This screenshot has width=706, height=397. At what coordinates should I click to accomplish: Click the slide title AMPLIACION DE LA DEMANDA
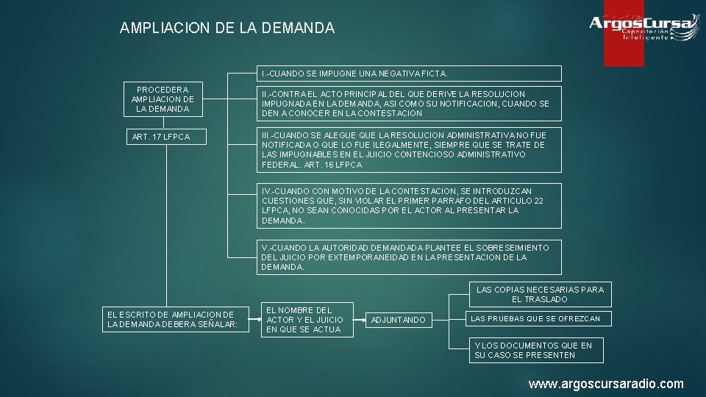(x=227, y=29)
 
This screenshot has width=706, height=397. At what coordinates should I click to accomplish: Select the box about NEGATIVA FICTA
(x=408, y=74)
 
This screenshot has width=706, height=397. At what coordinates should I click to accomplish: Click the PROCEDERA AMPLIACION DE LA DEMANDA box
(x=163, y=99)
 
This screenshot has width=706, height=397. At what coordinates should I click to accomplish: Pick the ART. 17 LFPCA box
(x=163, y=137)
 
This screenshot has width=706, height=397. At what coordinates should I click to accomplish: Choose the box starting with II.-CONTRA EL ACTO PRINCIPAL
(x=408, y=104)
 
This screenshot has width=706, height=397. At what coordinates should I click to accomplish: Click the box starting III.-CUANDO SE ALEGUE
(x=408, y=150)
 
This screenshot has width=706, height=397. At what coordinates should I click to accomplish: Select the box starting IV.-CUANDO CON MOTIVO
(x=408, y=206)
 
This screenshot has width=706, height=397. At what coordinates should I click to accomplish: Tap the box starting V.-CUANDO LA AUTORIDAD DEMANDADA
(x=408, y=257)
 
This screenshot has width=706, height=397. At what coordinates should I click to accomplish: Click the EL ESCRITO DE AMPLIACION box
(x=172, y=320)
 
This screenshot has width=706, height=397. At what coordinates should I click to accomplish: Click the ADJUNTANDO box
(x=398, y=320)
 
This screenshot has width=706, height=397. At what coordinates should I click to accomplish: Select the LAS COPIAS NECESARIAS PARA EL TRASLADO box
(x=540, y=294)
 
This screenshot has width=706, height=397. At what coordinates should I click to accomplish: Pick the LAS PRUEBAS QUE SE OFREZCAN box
(x=535, y=318)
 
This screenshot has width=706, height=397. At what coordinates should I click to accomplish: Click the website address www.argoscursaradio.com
(x=606, y=384)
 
